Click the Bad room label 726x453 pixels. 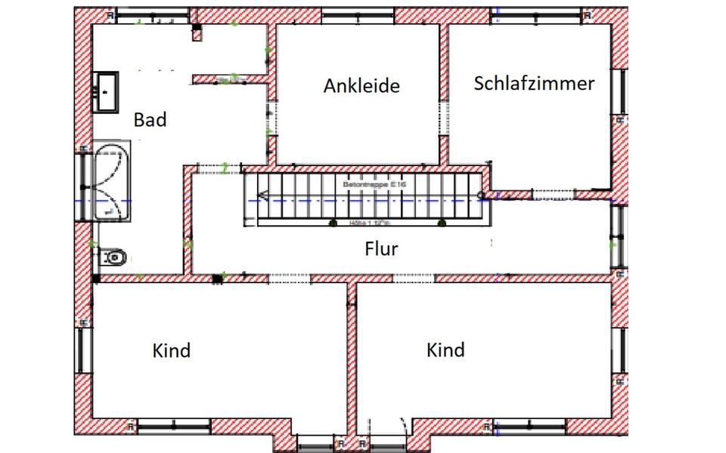click(150, 119)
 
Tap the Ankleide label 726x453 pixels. click(361, 86)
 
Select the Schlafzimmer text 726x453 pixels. click(534, 83)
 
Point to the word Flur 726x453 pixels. click(381, 249)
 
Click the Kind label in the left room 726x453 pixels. click(172, 350)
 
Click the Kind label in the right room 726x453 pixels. click(445, 350)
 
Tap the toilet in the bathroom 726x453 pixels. click(112, 258)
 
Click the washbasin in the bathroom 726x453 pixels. click(107, 92)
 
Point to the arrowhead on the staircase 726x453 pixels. click(262, 195)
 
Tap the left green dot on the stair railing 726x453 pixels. click(333, 223)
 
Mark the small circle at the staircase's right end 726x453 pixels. click(480, 195)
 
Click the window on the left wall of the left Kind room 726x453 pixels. click(83, 350)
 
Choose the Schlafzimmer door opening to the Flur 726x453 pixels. click(554, 195)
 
